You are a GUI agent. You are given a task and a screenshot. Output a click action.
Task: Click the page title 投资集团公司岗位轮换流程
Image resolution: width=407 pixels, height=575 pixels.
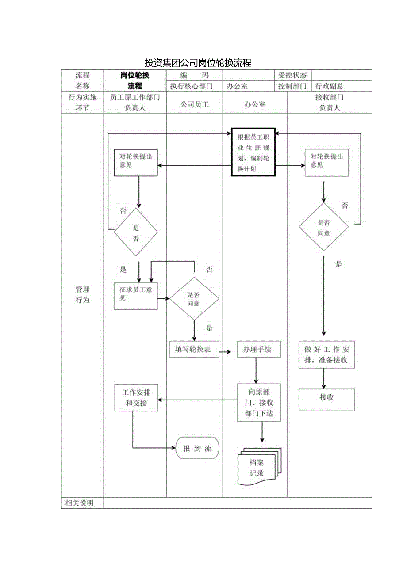pyautogui.click(x=198, y=63)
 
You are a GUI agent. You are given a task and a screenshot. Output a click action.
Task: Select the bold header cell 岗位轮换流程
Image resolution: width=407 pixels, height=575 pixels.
pyautogui.click(x=135, y=80)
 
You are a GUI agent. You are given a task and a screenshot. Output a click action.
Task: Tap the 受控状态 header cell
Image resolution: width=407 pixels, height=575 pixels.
pyautogui.click(x=292, y=76)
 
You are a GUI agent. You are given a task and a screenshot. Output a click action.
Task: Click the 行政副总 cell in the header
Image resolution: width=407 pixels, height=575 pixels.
pyautogui.click(x=329, y=86)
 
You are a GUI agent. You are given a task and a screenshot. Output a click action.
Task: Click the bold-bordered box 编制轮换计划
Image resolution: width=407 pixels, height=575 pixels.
pyautogui.click(x=253, y=152)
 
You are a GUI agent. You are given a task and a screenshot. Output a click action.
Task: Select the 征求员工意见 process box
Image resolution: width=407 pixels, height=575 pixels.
pyautogui.click(x=135, y=295)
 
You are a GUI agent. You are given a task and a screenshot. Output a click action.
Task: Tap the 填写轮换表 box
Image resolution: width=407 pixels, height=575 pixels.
pyautogui.click(x=194, y=350)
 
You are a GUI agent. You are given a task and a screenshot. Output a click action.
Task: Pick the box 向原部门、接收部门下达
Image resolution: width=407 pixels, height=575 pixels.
pyautogui.click(x=258, y=403)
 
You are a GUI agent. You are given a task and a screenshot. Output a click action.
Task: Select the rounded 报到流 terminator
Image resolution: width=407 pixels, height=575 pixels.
pyautogui.click(x=198, y=448)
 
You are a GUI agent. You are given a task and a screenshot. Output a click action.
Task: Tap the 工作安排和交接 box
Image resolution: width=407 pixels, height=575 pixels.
pyautogui.click(x=136, y=397)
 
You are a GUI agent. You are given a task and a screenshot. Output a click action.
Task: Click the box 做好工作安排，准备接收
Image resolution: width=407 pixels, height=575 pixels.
pyautogui.click(x=326, y=354)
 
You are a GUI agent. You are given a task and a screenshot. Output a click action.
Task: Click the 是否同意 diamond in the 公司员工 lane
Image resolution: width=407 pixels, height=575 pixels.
pyautogui.click(x=194, y=298)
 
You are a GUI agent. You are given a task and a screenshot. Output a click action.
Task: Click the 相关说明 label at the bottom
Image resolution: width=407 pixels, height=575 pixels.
pyautogui.click(x=79, y=503)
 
